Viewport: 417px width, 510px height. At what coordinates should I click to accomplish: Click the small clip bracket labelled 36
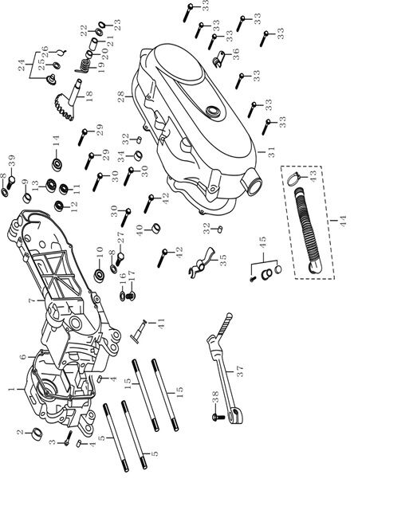(215, 61)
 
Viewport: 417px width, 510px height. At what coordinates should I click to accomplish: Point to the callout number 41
(161, 324)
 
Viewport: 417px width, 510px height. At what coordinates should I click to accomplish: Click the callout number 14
(57, 144)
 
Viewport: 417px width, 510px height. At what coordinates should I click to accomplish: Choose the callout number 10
(99, 253)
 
